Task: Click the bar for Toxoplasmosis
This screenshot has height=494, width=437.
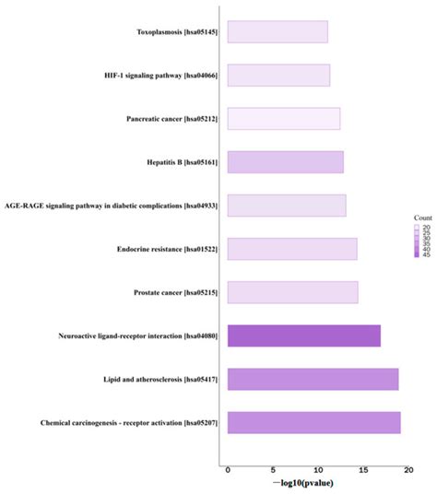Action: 277,32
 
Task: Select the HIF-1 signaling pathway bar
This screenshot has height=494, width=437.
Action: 278,75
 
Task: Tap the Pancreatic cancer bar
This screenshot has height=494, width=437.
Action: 283,118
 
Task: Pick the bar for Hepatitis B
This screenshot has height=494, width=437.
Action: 285,162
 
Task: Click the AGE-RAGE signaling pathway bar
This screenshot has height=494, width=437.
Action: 286,205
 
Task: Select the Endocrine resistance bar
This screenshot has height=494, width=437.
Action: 291,249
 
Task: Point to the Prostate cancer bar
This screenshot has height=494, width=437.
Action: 292,292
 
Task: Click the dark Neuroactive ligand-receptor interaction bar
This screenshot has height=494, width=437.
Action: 303,335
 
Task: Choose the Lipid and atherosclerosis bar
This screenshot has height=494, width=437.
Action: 313,379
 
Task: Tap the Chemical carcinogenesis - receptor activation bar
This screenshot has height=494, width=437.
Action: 313,422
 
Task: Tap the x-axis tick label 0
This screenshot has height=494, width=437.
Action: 228,468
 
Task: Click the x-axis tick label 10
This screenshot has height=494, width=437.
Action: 317,468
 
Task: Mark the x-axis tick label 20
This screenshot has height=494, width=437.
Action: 407,468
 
